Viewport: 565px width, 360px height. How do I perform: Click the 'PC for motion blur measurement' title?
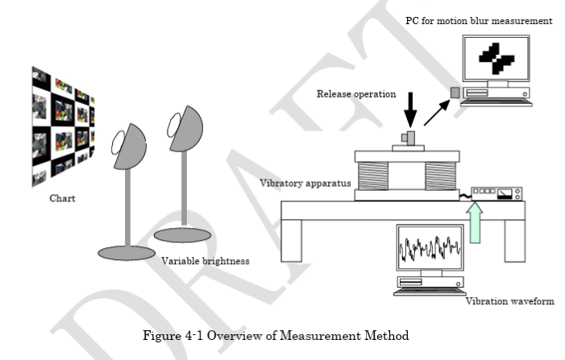coord(479,21)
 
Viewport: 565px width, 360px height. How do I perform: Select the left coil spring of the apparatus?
coord(376,173)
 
